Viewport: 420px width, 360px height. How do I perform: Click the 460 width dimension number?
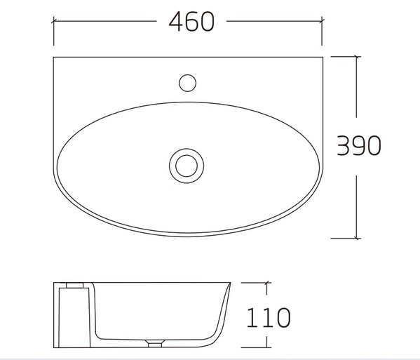pos(192,22)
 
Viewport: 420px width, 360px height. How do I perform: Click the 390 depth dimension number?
pos(359,145)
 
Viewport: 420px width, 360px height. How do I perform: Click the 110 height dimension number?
pos(269,318)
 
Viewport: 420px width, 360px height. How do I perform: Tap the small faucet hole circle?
pos(187,83)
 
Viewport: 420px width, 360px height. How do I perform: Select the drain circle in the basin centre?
pos(187,166)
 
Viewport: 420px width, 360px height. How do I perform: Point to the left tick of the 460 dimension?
pos(53,20)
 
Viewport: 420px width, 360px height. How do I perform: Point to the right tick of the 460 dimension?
pos(322,20)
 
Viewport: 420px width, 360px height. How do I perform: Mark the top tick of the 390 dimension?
pos(356,57)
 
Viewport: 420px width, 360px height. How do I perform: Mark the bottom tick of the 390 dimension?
pos(356,238)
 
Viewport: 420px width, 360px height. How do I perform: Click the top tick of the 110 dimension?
pos(266,283)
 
